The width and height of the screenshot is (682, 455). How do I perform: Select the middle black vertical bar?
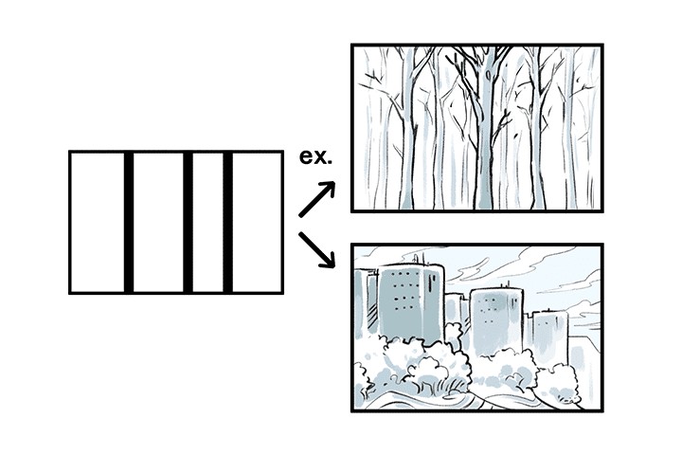click(x=188, y=222)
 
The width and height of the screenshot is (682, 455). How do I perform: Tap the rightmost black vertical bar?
click(x=227, y=222)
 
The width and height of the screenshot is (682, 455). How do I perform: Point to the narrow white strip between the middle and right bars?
click(x=208, y=222)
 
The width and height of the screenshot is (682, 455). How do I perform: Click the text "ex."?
click(x=315, y=156)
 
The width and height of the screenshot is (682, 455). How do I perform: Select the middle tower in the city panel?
click(x=494, y=322)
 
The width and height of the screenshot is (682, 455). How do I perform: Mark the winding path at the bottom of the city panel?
click(x=474, y=398)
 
